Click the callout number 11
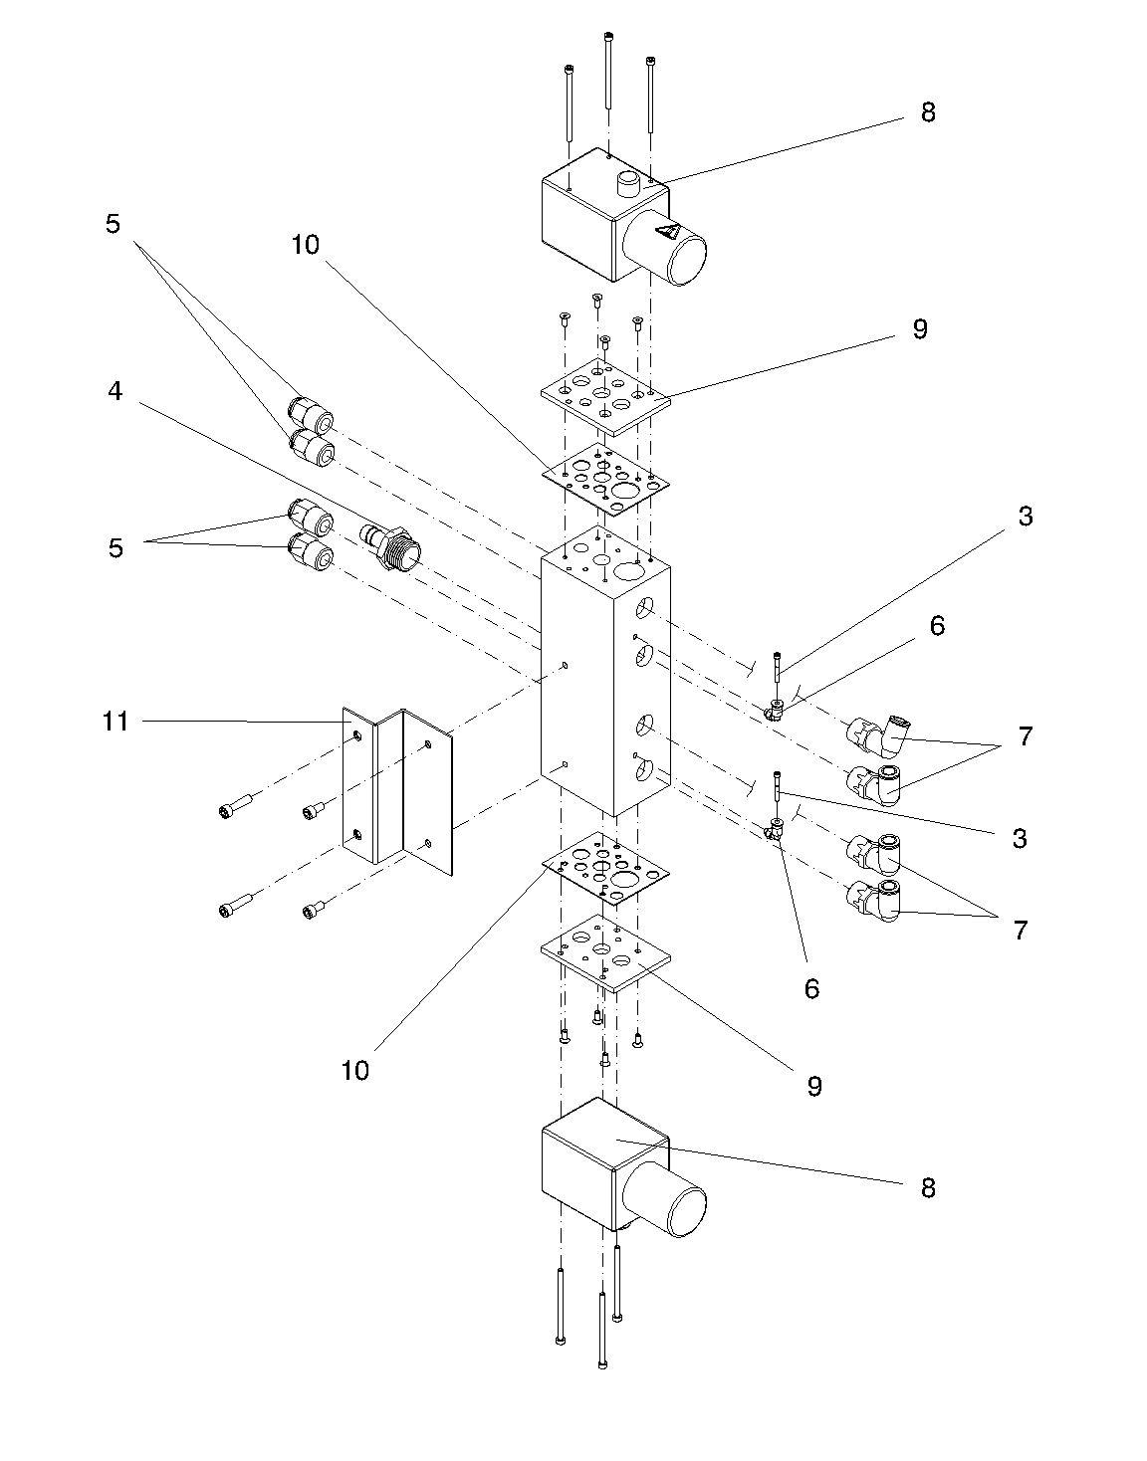coord(115,722)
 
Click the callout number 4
coord(115,391)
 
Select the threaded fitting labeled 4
coord(390,545)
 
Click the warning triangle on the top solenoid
coord(667,233)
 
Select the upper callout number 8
coord(928,112)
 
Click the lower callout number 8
coord(928,1188)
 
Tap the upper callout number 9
coord(920,328)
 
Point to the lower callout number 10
coord(355,1070)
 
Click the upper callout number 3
coord(1025,517)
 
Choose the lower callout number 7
coord(1021,931)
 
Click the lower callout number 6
coord(811,988)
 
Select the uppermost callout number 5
coord(113,224)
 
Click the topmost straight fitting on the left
coord(311,414)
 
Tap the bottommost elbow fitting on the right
coord(874,901)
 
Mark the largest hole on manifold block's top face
coord(629,571)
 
